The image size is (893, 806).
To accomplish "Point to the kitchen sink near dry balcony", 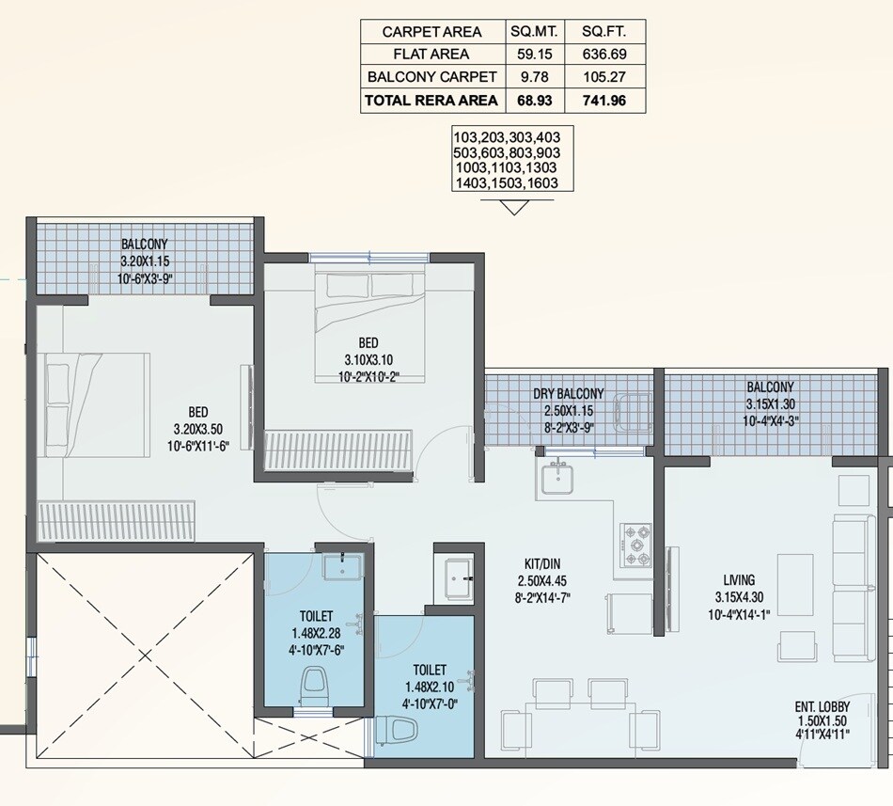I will point(557,479).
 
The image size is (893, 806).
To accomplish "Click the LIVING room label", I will point(739,580).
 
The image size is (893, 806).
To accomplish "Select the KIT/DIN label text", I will point(539,564).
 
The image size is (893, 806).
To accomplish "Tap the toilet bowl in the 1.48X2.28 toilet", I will point(313,685).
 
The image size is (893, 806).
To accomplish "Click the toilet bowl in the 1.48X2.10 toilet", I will point(397,728).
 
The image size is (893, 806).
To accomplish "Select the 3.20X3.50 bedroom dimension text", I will point(197,429).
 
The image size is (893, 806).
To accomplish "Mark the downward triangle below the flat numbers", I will point(512,206).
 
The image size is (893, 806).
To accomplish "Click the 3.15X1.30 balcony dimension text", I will point(769,403).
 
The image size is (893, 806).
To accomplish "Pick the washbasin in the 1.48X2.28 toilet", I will point(342,567).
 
